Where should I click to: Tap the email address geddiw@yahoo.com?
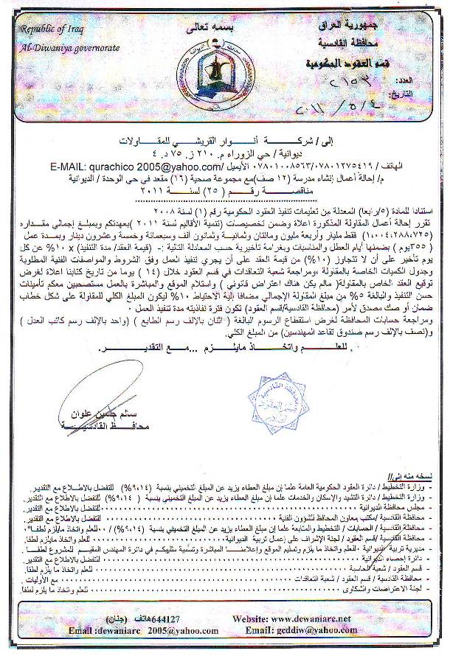pyautogui.click(x=316, y=643)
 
